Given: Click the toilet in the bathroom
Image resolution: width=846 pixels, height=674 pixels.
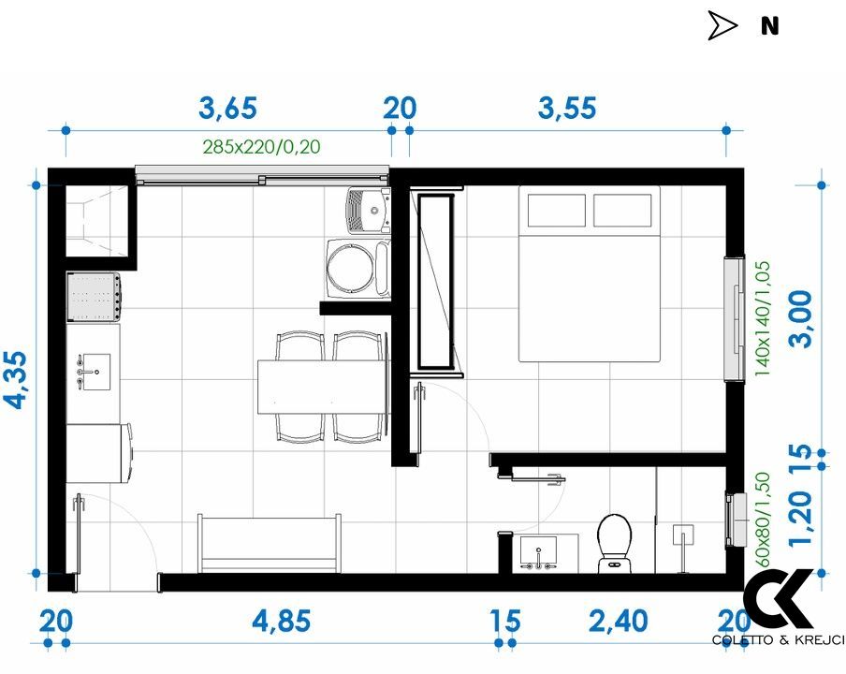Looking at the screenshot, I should (x=615, y=541).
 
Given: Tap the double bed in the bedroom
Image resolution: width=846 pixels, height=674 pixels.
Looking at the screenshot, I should (x=590, y=281).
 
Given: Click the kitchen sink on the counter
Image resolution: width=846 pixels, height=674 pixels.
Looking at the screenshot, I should (x=91, y=371).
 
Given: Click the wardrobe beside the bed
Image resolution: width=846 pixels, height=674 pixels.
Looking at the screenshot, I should (x=435, y=281).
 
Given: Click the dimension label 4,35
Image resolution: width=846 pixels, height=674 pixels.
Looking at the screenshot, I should (x=16, y=381).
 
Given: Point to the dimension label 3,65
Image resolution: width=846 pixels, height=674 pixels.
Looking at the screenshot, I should (x=227, y=109).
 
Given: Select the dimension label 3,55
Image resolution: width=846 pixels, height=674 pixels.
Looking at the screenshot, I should (x=567, y=109).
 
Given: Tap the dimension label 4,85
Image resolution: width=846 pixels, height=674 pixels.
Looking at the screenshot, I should (x=281, y=621).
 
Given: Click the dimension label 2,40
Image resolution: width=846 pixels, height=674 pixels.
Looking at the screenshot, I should (x=617, y=621).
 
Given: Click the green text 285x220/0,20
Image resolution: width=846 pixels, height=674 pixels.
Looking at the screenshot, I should (x=262, y=146).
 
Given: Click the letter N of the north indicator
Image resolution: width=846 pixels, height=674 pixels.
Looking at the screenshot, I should (x=769, y=26).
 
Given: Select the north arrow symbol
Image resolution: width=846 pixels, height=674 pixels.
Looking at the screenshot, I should (x=722, y=26).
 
